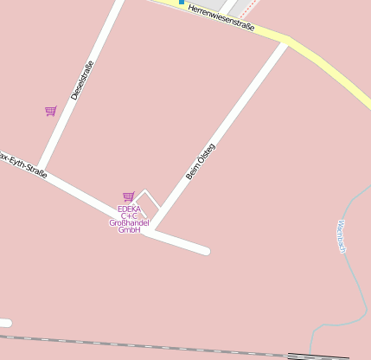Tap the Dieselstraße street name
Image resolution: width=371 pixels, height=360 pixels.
(x=81, y=80)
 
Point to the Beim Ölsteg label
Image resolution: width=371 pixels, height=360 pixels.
(x=200, y=162)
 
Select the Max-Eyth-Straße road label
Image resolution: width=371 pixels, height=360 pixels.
(x=22, y=164)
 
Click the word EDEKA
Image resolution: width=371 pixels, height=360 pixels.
(x=129, y=209)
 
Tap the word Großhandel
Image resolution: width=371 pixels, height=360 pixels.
(x=129, y=222)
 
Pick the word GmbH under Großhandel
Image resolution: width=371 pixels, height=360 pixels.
(x=129, y=230)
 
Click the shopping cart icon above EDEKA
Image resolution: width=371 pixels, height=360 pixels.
(x=128, y=197)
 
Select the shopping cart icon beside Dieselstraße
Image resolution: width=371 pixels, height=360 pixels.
(x=50, y=111)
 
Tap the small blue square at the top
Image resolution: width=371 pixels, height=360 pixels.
(x=182, y=3)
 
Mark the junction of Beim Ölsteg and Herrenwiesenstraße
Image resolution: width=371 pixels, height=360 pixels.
(x=285, y=42)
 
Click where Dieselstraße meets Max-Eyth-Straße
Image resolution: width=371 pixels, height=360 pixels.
(x=41, y=166)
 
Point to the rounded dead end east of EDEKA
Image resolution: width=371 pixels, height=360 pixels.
(x=206, y=251)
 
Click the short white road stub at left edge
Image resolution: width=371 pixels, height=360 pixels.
(x=4, y=324)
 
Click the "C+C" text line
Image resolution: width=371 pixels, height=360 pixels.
(x=129, y=215)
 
